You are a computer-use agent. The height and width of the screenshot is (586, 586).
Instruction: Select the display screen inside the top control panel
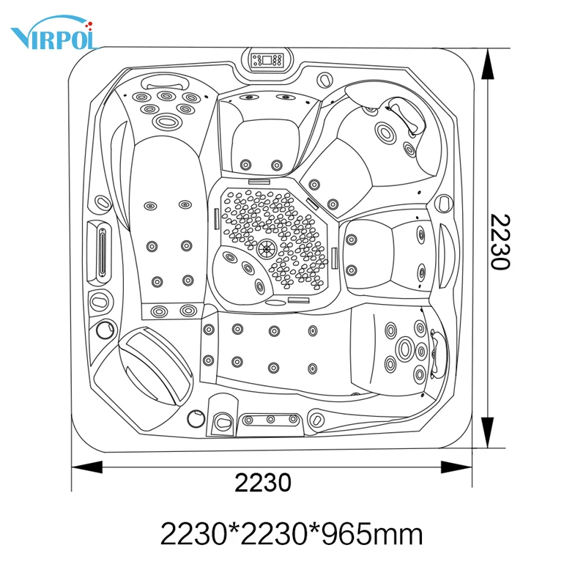(x=267, y=60)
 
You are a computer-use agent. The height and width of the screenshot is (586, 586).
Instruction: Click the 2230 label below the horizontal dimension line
(x=263, y=483)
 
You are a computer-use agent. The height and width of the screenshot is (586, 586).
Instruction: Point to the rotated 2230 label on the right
(x=500, y=242)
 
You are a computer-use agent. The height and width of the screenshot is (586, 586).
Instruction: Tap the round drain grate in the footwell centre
(x=267, y=248)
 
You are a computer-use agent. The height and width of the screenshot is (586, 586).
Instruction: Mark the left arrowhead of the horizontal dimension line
(x=86, y=467)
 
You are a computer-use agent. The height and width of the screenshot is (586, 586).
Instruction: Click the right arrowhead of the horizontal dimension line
(x=456, y=467)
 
